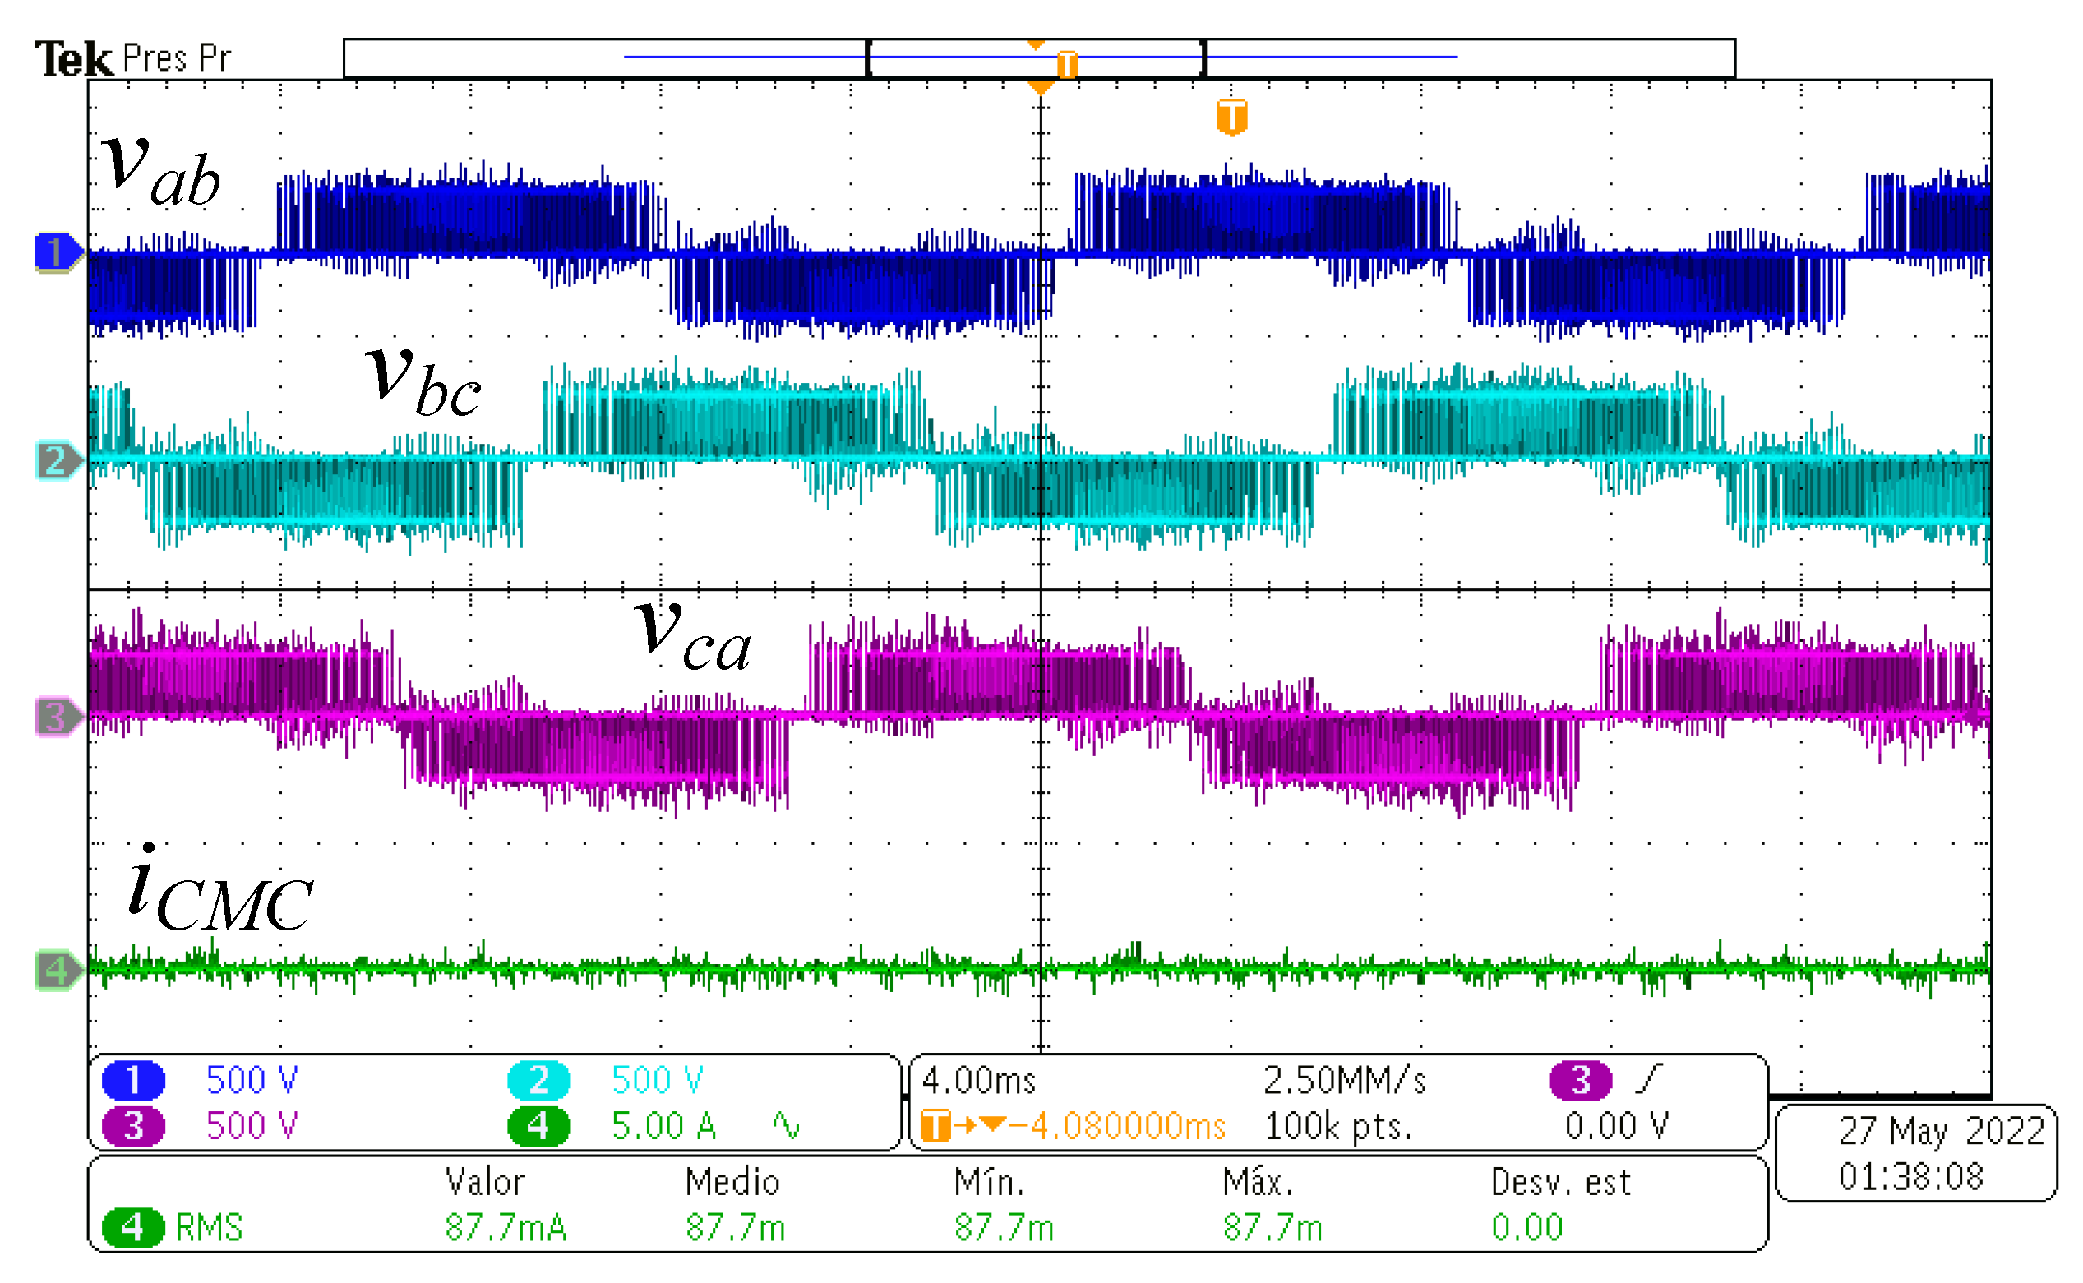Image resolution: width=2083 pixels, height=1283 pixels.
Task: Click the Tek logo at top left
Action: click(73, 59)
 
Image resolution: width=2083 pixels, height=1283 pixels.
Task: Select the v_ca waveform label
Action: click(692, 635)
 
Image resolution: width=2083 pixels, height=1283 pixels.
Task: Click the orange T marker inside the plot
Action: click(1232, 116)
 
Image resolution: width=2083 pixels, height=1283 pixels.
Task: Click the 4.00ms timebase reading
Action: click(978, 1081)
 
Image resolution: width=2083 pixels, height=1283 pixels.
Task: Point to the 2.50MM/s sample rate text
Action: click(1344, 1081)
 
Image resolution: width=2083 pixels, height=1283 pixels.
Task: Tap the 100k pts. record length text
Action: click(1338, 1127)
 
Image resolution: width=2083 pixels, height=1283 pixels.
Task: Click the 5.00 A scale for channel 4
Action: click(663, 1127)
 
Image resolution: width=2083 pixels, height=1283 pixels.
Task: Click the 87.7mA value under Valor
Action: click(506, 1228)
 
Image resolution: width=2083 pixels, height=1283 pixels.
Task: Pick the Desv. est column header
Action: click(1560, 1182)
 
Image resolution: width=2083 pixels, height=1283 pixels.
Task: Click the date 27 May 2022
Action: click(1942, 1131)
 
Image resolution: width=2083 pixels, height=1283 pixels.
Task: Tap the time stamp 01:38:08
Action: click(1910, 1177)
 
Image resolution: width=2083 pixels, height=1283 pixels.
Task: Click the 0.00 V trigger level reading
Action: click(1616, 1127)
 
